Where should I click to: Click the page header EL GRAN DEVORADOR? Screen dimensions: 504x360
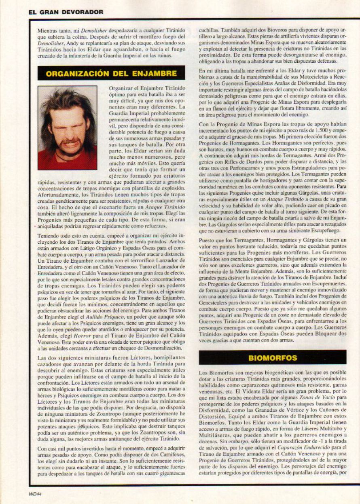66,13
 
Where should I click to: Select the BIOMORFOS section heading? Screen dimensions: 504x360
273,358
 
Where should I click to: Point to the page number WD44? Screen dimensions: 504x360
36,493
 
